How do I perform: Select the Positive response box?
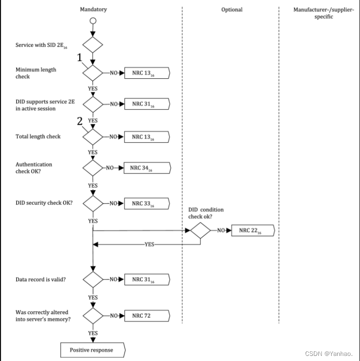[93, 350]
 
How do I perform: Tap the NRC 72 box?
[147, 316]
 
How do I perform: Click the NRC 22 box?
[253, 230]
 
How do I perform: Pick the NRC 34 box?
[147, 168]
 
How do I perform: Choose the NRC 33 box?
[147, 203]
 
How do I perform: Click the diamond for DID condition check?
[200, 230]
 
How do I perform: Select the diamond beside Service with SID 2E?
[92, 45]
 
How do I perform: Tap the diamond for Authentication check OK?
[92, 168]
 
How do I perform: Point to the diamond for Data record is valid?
[93, 280]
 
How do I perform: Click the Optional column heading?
[232, 10]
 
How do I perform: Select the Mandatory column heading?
[93, 10]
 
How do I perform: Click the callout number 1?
[80, 57]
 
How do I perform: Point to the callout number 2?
[80, 121]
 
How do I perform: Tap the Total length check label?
[38, 137]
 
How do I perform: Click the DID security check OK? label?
[44, 203]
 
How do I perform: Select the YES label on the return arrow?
[149, 244]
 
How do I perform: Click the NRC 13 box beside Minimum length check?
[147, 73]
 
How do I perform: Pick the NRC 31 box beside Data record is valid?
[147, 280]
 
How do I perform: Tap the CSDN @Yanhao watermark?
[329, 353]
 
